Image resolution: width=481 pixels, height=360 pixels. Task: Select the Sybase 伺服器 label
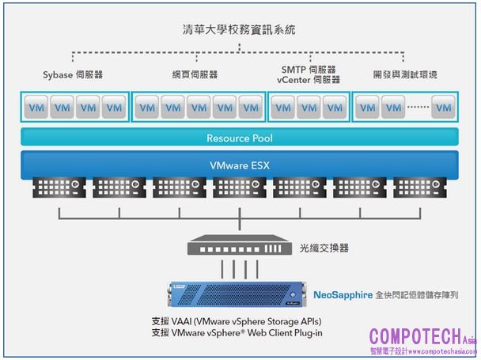point(73,74)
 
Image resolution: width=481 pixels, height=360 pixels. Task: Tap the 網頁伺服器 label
point(195,74)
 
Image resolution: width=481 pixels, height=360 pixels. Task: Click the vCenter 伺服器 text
point(309,80)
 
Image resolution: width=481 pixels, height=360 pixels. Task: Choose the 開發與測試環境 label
point(404,74)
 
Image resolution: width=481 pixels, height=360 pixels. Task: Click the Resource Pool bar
point(240,137)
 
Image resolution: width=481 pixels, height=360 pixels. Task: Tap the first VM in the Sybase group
point(37,107)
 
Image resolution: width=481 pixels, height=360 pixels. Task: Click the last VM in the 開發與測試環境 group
point(445,107)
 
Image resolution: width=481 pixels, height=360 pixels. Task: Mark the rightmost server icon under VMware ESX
point(419,187)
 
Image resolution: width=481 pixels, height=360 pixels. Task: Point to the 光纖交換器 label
point(324,248)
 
